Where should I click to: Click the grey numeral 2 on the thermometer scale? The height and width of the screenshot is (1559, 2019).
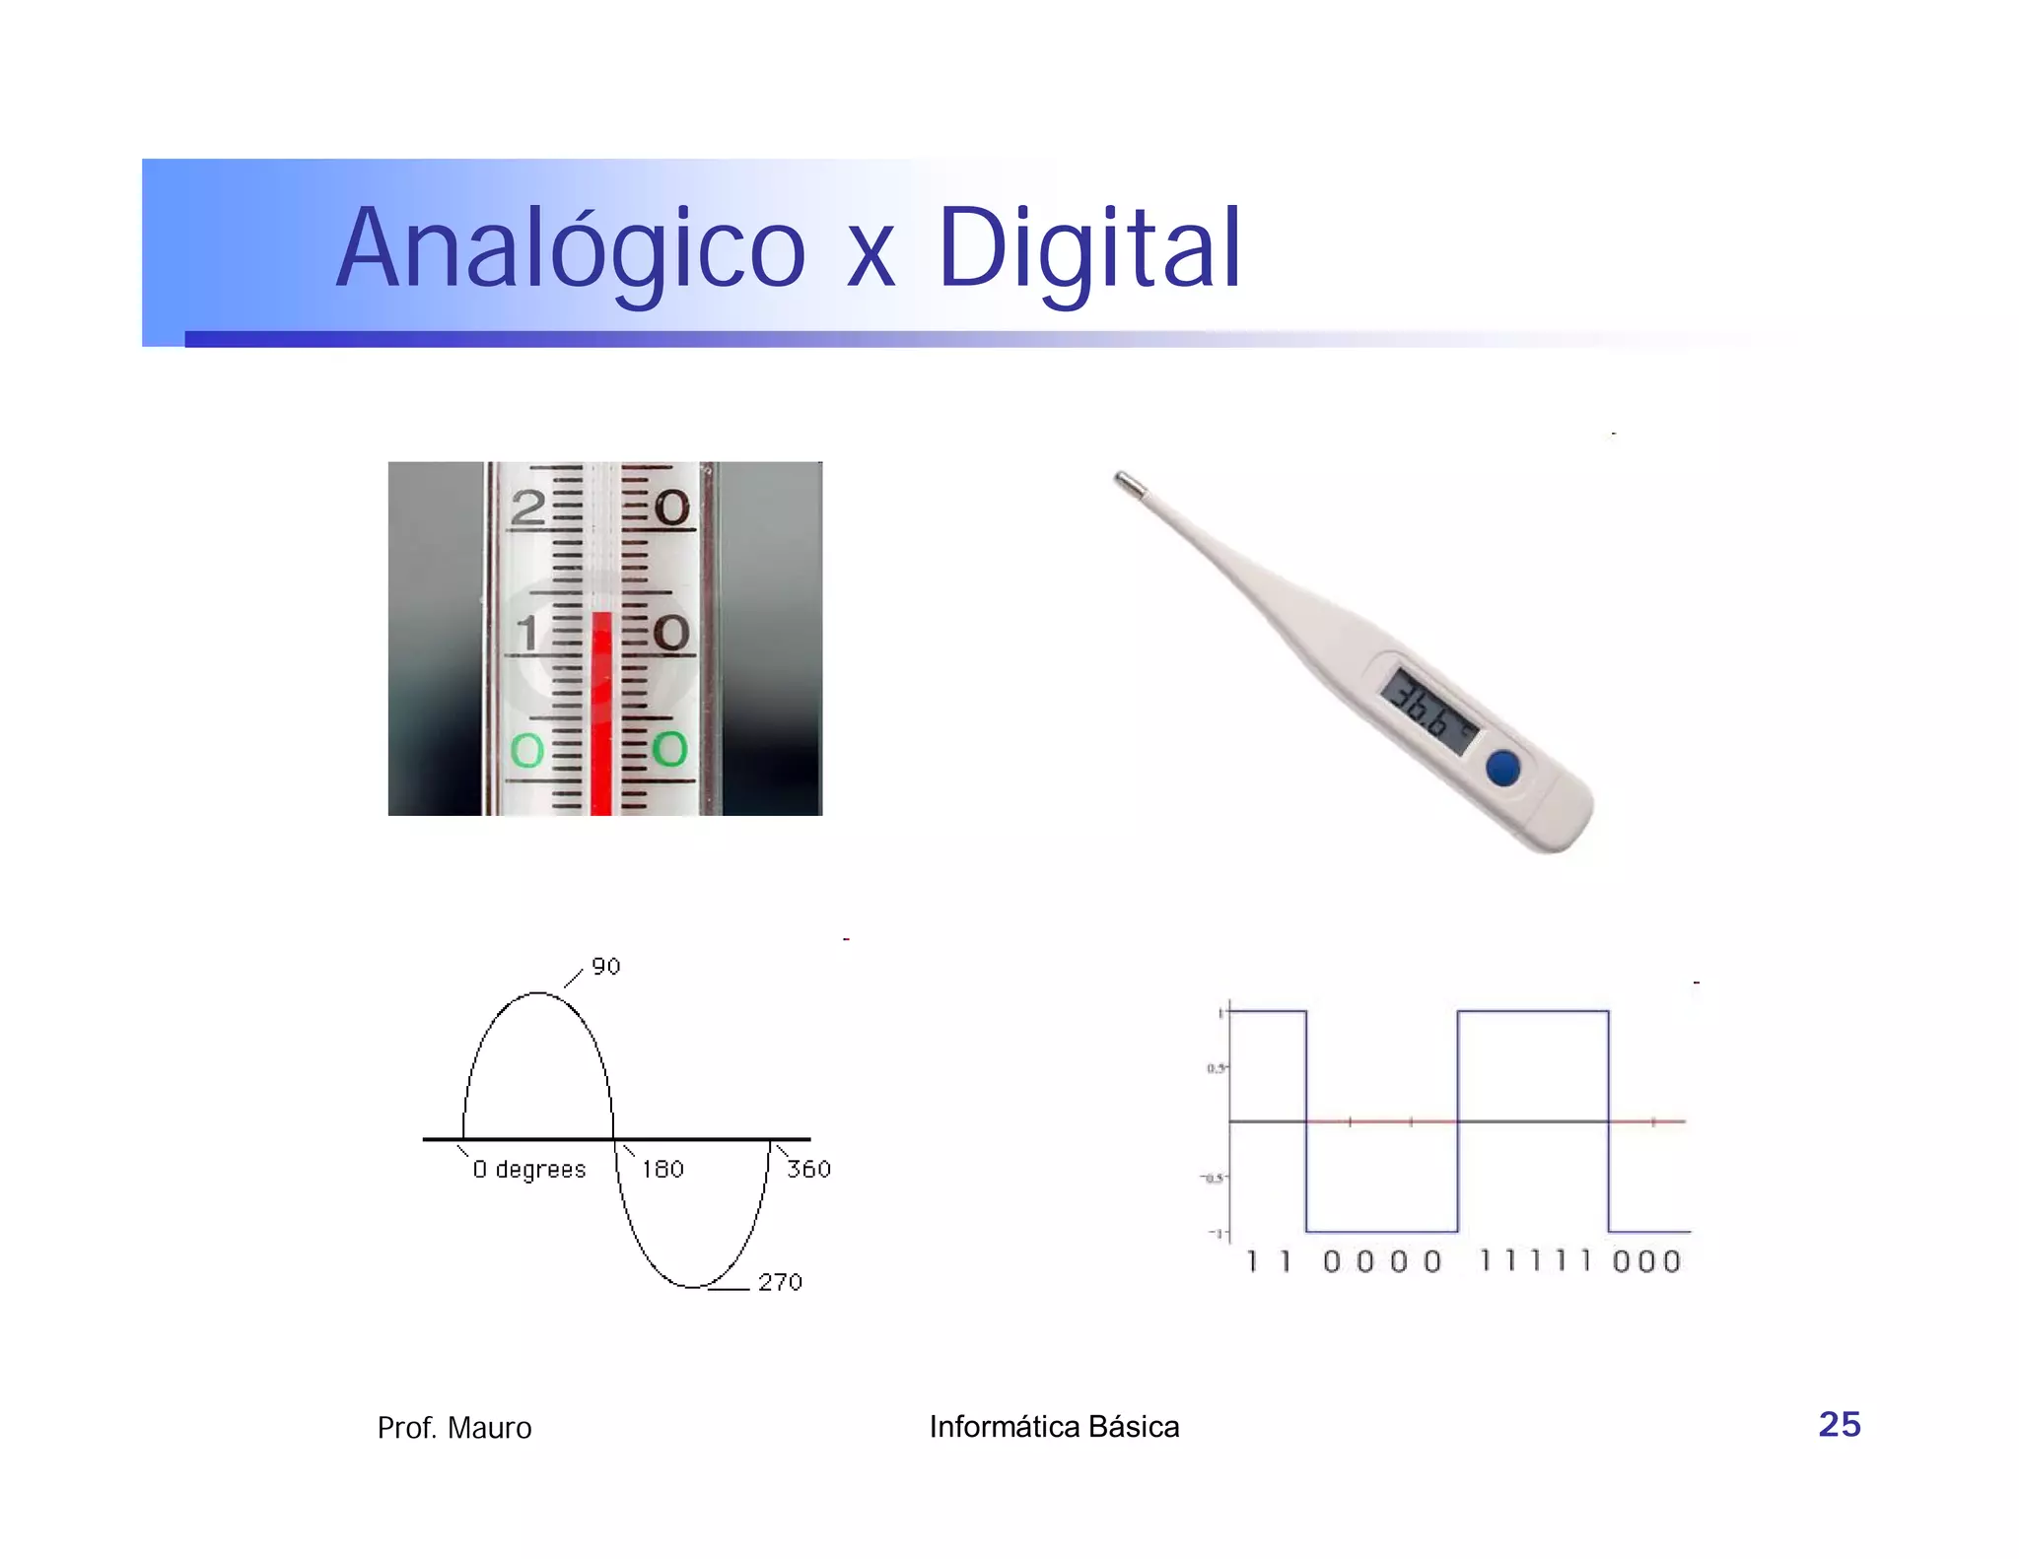(528, 508)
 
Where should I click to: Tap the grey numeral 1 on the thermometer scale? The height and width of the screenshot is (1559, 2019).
(528, 633)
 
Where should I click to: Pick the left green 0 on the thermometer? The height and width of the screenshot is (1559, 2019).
(527, 751)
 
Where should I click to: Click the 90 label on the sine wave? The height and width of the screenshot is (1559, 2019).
(605, 967)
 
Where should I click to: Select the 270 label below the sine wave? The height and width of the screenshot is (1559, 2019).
(780, 1282)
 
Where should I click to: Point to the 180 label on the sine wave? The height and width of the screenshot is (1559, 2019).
(662, 1169)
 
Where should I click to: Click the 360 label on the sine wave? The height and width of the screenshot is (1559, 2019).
(808, 1169)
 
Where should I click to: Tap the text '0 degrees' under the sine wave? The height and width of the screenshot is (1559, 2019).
(528, 1170)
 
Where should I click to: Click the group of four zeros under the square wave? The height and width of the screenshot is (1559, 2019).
(1381, 1261)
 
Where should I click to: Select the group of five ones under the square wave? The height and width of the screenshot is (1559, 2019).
(1535, 1260)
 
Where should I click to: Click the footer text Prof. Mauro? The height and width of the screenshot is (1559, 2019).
(454, 1428)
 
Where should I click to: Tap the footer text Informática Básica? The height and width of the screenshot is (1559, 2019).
(1054, 1426)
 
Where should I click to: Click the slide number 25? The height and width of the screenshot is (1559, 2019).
(1839, 1424)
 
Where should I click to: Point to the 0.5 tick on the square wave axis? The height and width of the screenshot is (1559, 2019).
(1217, 1068)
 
